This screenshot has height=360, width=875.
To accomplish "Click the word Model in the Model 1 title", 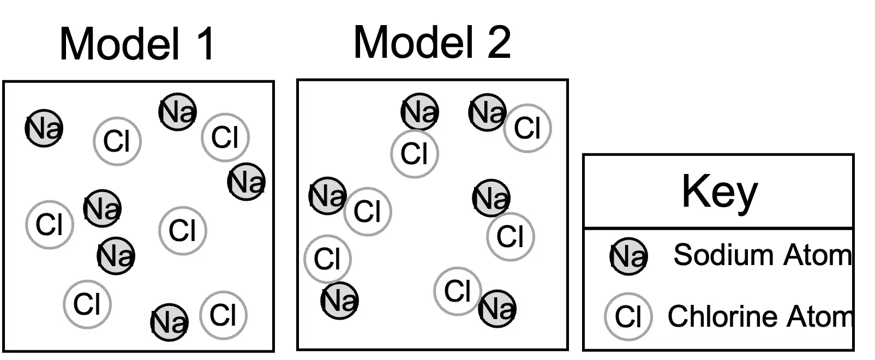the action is [119, 44].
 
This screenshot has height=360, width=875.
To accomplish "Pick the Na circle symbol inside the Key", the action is [628, 256].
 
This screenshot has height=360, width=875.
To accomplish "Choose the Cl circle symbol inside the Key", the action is [628, 317].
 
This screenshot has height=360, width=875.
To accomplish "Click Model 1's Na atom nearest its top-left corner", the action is [44, 128].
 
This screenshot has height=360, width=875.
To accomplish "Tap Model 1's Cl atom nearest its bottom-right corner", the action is [223, 315].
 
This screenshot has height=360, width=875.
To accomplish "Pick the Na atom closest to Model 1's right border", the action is [247, 182].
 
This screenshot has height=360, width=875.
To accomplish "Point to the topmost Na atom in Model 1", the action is [178, 112].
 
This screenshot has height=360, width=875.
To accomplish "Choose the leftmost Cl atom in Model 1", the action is [50, 225].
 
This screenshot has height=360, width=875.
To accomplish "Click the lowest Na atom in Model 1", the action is [170, 322].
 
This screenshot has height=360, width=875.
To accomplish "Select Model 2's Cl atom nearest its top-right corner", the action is [528, 128].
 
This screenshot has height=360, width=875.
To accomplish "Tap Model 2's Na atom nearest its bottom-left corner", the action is [339, 301].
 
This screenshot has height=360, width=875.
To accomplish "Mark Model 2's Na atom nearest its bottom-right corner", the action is [498, 309].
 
